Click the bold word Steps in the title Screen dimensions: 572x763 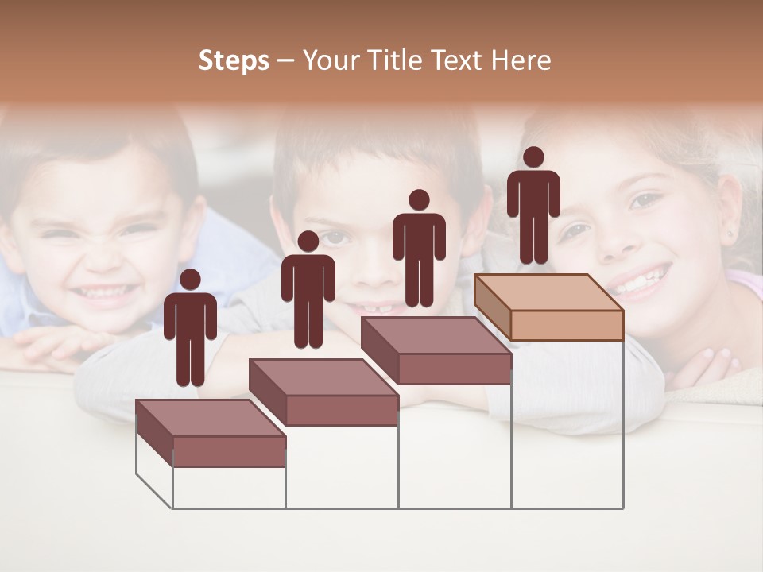click(234, 61)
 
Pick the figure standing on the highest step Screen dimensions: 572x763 click(533, 207)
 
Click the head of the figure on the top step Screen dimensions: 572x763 click(533, 157)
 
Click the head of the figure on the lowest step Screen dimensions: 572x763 click(190, 280)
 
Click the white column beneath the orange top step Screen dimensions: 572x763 click(567, 424)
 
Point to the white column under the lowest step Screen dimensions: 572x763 click(229, 487)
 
